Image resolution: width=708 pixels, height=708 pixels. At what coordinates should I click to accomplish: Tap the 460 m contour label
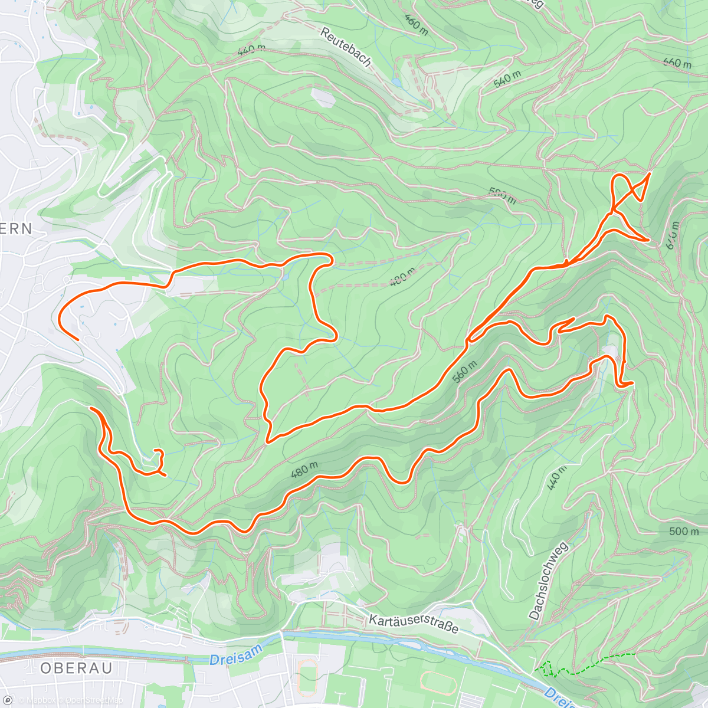pyautogui.click(x=416, y=22)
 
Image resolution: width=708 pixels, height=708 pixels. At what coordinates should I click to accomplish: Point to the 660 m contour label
pyautogui.click(x=677, y=62)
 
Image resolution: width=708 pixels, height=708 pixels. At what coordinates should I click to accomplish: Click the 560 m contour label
pyautogui.click(x=464, y=371)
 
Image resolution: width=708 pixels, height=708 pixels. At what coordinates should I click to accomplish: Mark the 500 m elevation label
pyautogui.click(x=684, y=531)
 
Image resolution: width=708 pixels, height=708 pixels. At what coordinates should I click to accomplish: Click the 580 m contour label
pyautogui.click(x=502, y=195)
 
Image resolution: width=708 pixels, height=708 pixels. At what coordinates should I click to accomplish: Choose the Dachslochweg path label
pyautogui.click(x=548, y=581)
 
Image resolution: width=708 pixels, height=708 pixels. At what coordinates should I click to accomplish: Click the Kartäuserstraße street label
pyautogui.click(x=413, y=623)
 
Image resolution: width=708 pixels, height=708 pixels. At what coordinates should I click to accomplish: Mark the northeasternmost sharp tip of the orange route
pyautogui.click(x=649, y=173)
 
